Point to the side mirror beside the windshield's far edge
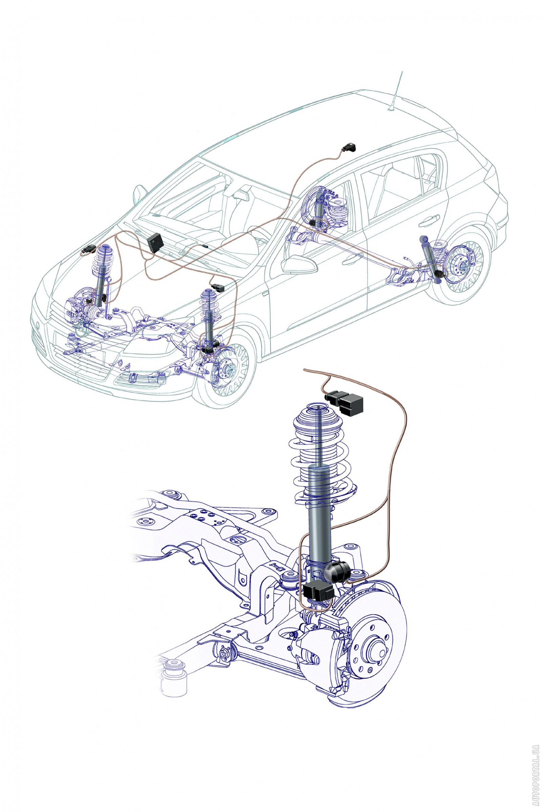tap(139, 194)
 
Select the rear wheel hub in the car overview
tap(462, 266)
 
